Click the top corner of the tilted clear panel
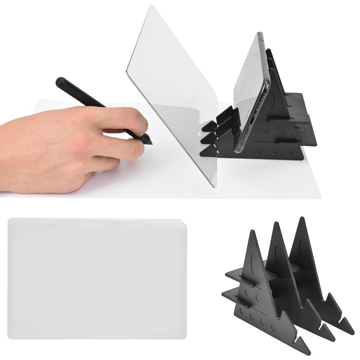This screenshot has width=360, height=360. point(153,6)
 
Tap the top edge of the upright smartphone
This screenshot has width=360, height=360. point(260,34)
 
